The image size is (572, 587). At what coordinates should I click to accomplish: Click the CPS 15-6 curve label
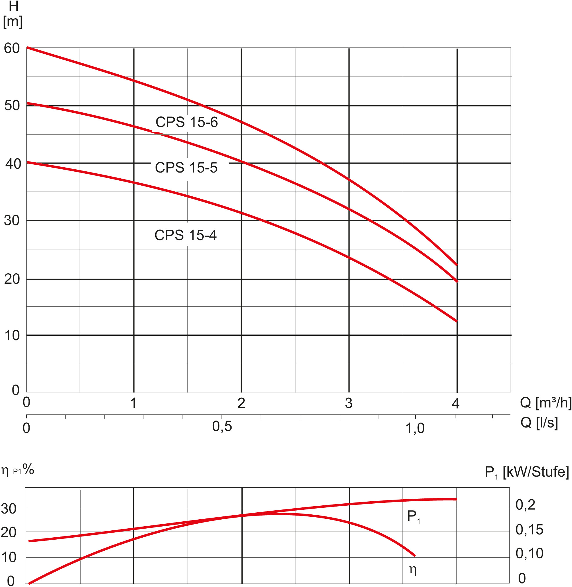pyautogui.click(x=187, y=122)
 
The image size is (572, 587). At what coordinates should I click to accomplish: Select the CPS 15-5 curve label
pyautogui.click(x=186, y=168)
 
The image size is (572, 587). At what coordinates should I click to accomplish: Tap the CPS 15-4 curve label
pyautogui.click(x=185, y=235)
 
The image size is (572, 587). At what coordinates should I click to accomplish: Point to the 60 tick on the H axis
pyautogui.click(x=12, y=48)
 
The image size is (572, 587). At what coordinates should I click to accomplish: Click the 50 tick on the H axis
pyautogui.click(x=12, y=105)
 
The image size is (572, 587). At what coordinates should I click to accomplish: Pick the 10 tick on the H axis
pyautogui.click(x=12, y=335)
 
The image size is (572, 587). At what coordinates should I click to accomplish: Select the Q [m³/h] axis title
pyautogui.click(x=546, y=402)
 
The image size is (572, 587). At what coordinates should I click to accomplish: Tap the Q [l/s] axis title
pyautogui.click(x=539, y=423)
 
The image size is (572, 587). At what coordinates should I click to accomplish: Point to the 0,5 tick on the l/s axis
pyautogui.click(x=222, y=426)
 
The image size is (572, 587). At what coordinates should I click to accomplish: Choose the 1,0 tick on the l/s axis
pyautogui.click(x=415, y=428)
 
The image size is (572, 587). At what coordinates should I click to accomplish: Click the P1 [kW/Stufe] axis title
pyautogui.click(x=527, y=471)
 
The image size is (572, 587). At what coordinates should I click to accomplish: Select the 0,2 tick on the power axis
pyautogui.click(x=526, y=505)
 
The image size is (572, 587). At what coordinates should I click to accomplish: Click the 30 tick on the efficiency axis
pyautogui.click(x=9, y=509)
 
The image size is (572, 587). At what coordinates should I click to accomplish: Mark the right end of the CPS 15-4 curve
pyautogui.click(x=456, y=322)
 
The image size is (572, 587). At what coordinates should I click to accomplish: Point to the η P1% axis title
pyautogui.click(x=17, y=469)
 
